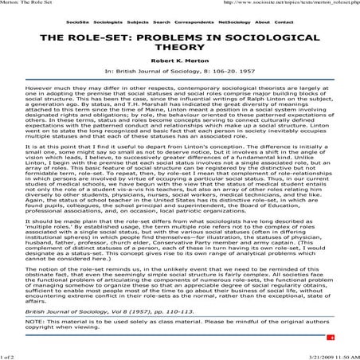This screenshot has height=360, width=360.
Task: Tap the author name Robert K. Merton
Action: (179, 69)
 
